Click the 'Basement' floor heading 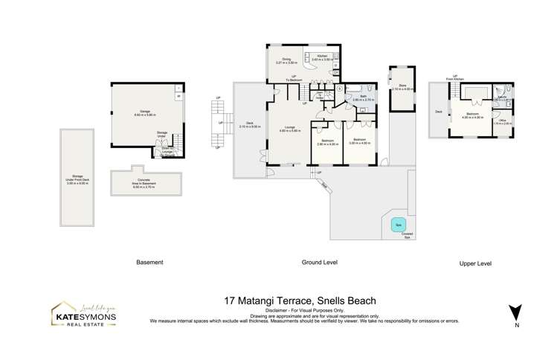click(x=149, y=263)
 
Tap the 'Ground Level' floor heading click(x=319, y=263)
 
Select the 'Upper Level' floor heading click(x=477, y=263)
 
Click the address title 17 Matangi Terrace click(x=306, y=301)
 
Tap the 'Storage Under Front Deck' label click(x=77, y=179)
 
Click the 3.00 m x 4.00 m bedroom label click(x=359, y=141)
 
